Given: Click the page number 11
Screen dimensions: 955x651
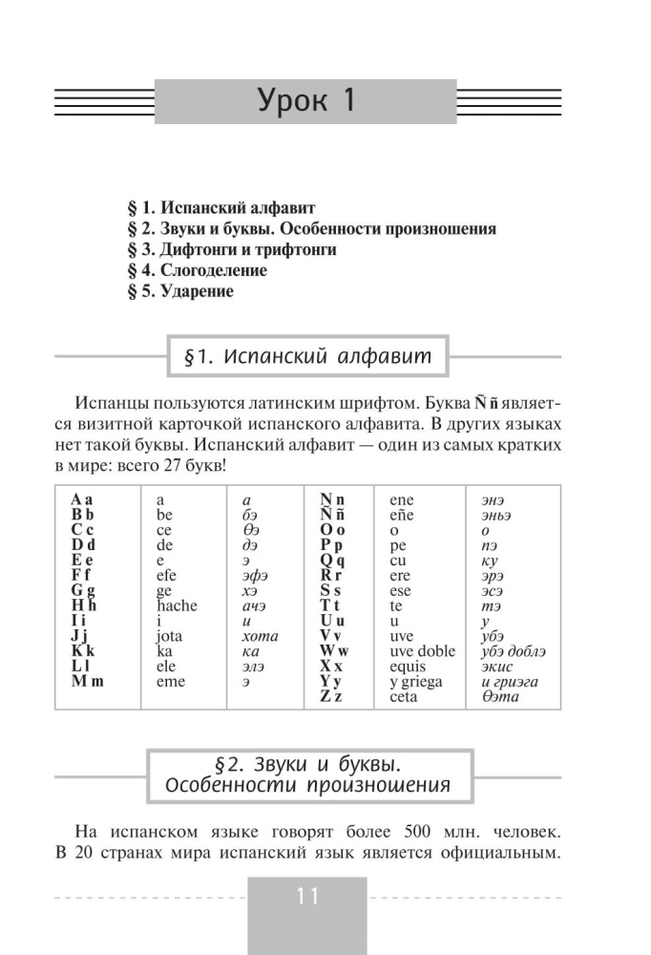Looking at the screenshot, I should (306, 897).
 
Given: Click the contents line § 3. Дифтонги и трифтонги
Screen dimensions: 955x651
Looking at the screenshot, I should (231, 249).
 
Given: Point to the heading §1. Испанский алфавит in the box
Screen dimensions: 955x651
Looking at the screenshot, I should (306, 356).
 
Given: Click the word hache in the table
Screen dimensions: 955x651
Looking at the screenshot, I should (177, 605).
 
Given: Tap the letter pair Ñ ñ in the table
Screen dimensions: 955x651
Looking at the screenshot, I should (332, 514).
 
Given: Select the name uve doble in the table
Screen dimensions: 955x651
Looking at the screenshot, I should (423, 652).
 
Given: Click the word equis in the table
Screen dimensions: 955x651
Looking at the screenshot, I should (409, 667).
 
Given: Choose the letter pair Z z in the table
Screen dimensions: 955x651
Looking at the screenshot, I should (332, 697).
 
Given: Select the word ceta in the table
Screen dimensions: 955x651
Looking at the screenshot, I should (405, 697).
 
